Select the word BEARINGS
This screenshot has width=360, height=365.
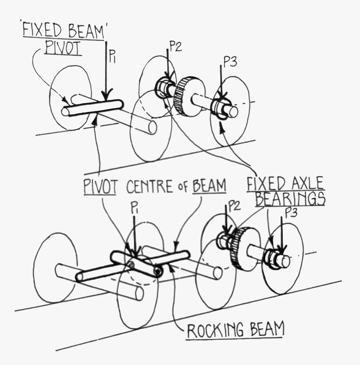tap(290, 199)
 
